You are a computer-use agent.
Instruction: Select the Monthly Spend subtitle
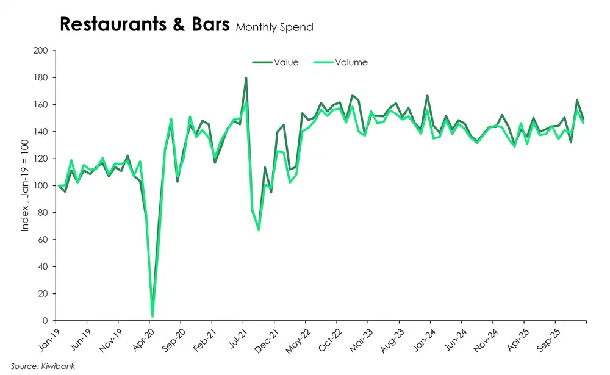[274, 27]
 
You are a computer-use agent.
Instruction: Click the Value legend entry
[285, 62]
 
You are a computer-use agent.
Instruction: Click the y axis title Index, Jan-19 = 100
[25, 185]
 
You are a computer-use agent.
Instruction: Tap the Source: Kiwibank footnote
[38, 366]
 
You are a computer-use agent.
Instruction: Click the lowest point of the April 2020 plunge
[152, 316]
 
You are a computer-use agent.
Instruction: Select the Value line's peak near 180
[246, 78]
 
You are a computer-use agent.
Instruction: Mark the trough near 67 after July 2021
[258, 230]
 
